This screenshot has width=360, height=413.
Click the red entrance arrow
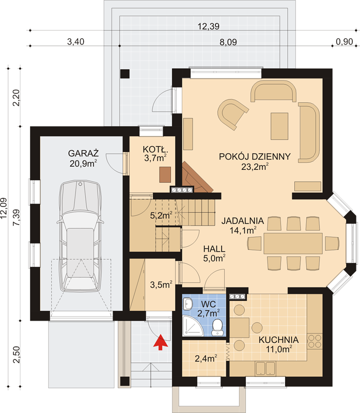(x=161, y=342)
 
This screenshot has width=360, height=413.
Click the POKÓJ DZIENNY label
(x=255, y=156)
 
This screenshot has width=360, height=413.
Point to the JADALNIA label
(x=242, y=220)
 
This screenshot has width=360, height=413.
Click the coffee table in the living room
(x=279, y=125)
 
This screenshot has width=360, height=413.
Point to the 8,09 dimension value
(x=228, y=42)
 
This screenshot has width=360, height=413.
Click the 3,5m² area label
(x=161, y=284)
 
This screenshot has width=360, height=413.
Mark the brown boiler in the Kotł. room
(x=165, y=174)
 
